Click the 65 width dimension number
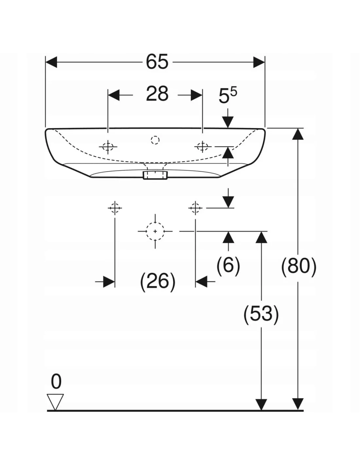(157, 62)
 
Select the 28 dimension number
(157, 94)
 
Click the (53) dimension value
(261, 314)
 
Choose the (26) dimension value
(158, 281)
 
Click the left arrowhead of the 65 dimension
(51, 62)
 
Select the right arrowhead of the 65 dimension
(259, 62)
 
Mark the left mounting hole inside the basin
(108, 147)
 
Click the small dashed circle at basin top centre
(155, 140)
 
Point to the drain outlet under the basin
(155, 175)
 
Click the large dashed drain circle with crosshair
(155, 231)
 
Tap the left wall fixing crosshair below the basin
(115, 208)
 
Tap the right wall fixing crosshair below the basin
(195, 208)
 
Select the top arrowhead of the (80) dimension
(298, 134)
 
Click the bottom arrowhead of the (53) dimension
(261, 404)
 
